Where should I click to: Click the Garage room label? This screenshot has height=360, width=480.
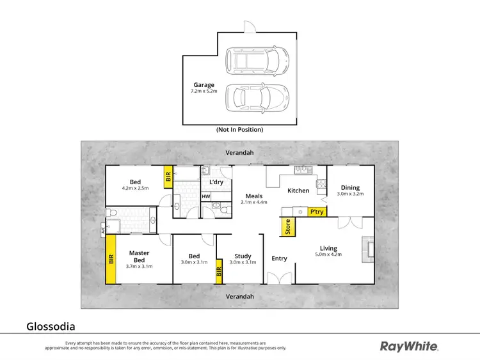coord(204,84)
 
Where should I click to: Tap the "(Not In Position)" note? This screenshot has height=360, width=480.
coord(240,130)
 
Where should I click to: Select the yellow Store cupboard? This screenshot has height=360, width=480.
coord(287,227)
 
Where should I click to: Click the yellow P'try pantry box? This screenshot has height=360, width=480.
coord(316,211)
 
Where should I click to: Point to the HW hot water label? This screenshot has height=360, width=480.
coord(206,196)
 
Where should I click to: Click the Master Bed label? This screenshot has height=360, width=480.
coord(139,256)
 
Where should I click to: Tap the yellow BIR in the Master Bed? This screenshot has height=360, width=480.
coord(111,260)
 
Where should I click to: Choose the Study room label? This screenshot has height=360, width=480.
coord(243,256)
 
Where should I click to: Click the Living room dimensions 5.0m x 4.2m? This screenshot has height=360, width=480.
coord(328,254)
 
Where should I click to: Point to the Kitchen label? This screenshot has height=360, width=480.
coord(298,191)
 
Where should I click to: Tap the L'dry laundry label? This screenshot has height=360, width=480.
coord(216,182)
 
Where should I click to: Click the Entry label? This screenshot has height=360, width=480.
coord(279,258)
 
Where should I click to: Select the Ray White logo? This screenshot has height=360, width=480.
coord(409,346)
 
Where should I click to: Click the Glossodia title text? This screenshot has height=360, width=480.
coord(51,326)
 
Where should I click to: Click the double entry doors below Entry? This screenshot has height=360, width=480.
coord(279,279)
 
